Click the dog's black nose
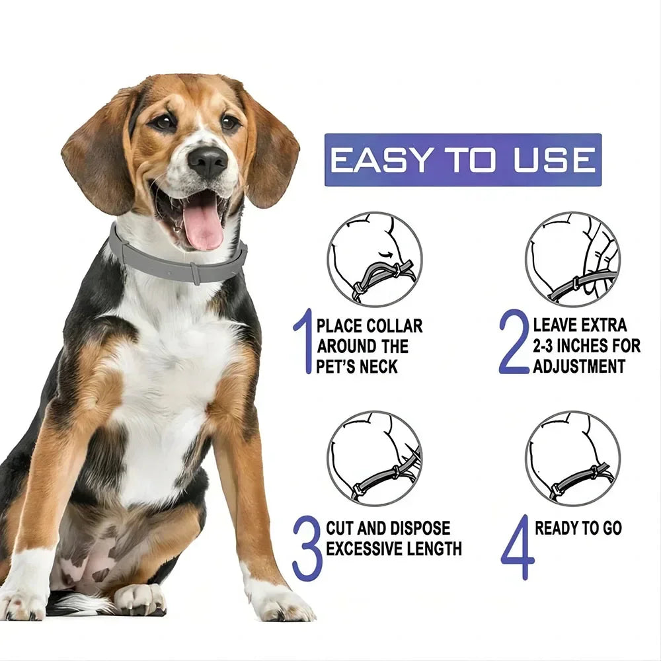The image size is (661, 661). pyautogui.click(x=207, y=161)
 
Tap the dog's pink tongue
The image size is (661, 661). pyautogui.click(x=203, y=227)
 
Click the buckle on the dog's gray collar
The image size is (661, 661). pyautogui.click(x=195, y=272)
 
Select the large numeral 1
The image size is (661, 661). pyautogui.click(x=303, y=342)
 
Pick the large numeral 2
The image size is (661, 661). pyautogui.click(x=514, y=342)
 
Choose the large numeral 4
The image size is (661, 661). pyautogui.click(x=517, y=548)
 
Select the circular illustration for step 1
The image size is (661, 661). pyautogui.click(x=375, y=259)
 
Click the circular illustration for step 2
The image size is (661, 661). pyautogui.click(x=572, y=259)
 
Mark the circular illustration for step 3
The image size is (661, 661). pyautogui.click(x=375, y=458)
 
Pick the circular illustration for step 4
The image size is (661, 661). pyautogui.click(x=572, y=458)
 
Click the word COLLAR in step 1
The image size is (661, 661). pyautogui.click(x=395, y=326)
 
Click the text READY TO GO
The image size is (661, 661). pyautogui.click(x=578, y=528)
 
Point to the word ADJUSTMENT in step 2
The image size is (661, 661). pyautogui.click(x=579, y=366)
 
